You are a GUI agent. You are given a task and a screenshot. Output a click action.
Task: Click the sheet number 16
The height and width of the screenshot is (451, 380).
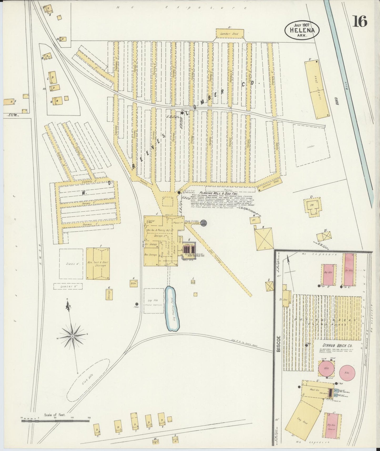click(360, 21)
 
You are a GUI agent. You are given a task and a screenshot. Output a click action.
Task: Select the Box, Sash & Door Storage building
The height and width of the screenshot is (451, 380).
click(98, 263)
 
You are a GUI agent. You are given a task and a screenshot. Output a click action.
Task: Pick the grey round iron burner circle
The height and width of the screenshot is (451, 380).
click(204, 223)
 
